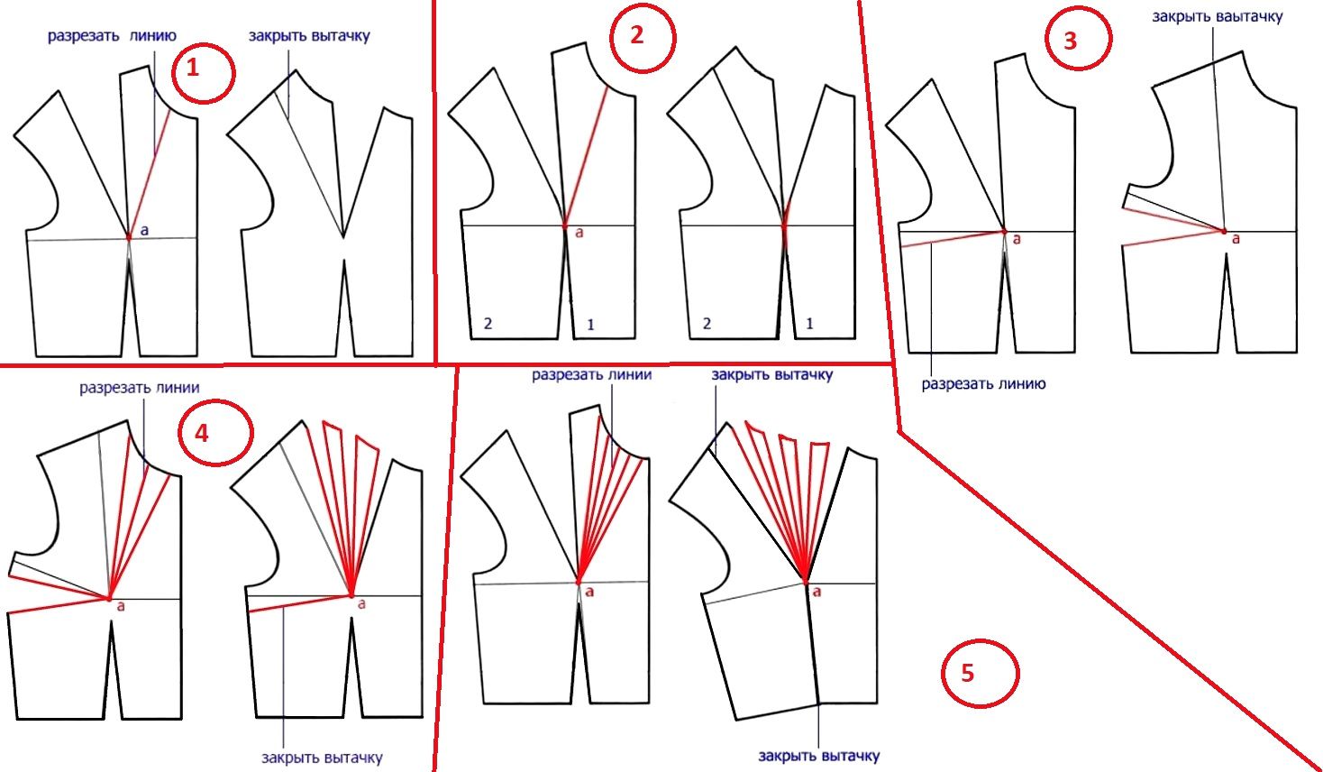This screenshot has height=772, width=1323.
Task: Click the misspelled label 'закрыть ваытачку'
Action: [x=1218, y=16]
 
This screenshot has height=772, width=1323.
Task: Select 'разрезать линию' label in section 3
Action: [x=983, y=384]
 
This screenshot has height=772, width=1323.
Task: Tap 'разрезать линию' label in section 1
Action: [x=112, y=36]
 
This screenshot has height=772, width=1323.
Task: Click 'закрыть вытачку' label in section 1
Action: [x=309, y=36]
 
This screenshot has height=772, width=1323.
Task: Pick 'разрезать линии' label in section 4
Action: [x=140, y=388]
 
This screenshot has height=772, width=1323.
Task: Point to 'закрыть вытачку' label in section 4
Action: [x=322, y=758]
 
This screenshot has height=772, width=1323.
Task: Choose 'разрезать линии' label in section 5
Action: [x=592, y=375]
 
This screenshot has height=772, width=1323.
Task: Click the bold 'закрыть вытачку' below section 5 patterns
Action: [x=819, y=756]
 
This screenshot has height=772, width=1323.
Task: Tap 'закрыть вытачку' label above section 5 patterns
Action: [x=772, y=375]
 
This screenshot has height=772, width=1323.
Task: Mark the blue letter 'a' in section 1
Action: [x=144, y=231]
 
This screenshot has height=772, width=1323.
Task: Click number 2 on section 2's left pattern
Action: [x=488, y=324]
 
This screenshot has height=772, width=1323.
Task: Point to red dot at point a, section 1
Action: [x=129, y=236]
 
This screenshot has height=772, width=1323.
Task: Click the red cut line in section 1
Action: [x=150, y=172]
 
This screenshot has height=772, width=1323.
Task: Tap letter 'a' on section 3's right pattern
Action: [x=1236, y=239]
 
